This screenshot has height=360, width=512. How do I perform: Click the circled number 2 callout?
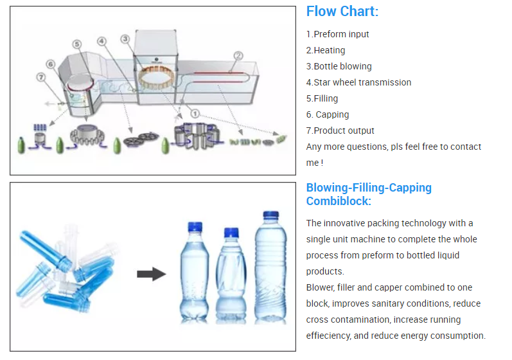coord(238,56)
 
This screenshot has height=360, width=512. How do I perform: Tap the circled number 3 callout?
coord(125,39)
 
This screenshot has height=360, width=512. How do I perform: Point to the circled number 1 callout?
coord(195,113)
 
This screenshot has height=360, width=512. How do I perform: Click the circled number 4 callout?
coord(102,40)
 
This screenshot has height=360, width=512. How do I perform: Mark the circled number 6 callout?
coord(50,64)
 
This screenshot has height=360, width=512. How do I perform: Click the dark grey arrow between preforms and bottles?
coord(151,274)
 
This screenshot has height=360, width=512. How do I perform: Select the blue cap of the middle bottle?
coord(231,233)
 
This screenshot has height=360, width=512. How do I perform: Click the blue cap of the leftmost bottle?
coord(194,227)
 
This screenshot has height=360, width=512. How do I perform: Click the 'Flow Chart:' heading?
coord(342,12)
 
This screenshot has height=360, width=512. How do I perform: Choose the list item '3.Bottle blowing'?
coord(339,66)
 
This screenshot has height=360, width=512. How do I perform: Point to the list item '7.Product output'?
coord(340,130)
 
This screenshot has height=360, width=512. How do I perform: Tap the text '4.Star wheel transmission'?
coord(358,82)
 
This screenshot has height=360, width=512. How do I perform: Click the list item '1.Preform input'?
coord(337,34)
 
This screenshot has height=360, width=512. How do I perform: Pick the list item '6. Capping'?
coord(328,114)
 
